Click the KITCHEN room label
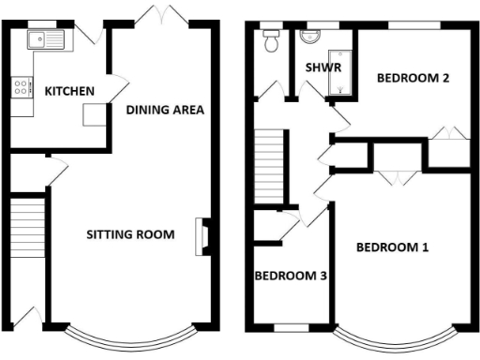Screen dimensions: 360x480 point(68,91)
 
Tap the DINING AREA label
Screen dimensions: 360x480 point(165,110)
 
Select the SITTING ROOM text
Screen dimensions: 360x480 point(129,234)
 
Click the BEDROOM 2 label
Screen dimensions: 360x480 point(412,79)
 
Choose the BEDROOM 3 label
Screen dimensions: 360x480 point(291,276)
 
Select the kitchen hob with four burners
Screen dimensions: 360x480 point(19,90)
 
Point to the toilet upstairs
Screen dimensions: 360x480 point(272,40)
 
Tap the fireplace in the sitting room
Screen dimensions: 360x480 point(201,236)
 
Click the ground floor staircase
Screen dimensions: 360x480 point(30,228)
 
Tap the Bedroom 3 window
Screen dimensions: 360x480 point(289,327)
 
